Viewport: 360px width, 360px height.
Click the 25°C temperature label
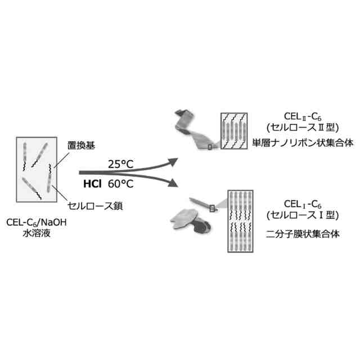[x=122, y=164]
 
